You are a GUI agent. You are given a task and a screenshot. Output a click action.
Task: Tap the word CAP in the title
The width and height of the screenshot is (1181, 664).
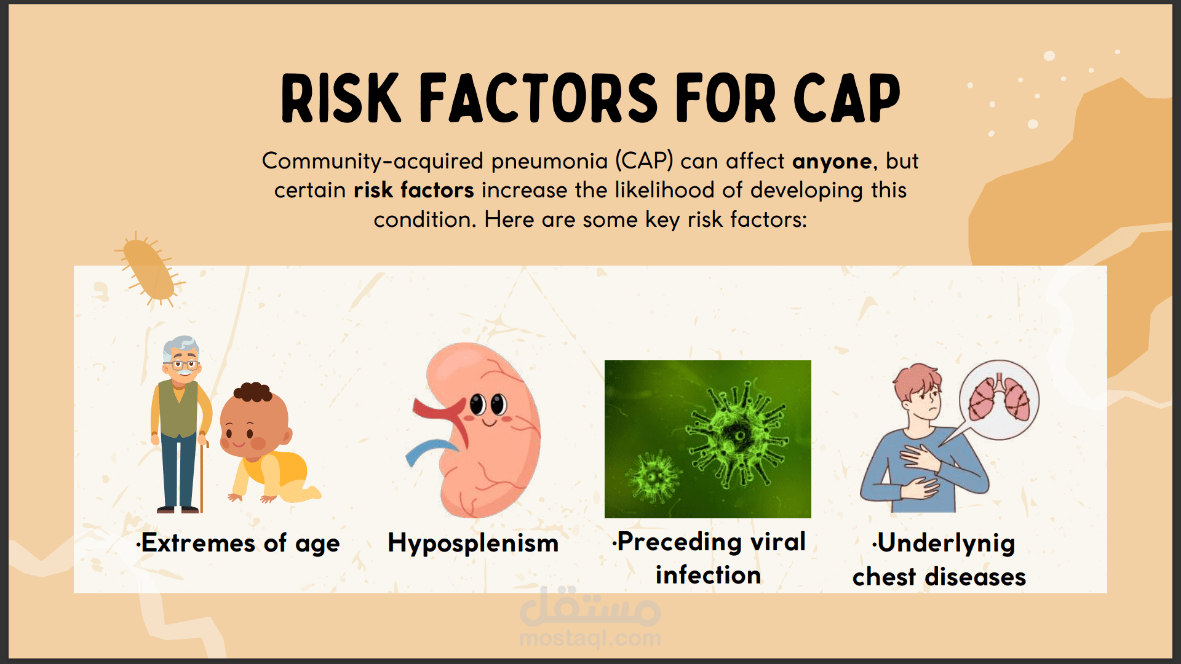click(847, 98)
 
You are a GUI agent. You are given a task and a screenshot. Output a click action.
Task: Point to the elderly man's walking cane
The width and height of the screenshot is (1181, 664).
click(202, 473)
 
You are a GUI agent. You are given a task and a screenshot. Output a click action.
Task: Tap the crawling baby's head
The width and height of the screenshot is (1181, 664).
click(253, 421)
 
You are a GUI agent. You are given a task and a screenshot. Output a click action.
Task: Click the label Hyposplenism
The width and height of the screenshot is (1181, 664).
click(473, 543)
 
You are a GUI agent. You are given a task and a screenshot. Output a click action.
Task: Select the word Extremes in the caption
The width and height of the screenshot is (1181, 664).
click(198, 543)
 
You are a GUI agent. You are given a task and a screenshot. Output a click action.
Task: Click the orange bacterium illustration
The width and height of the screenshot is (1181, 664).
click(149, 269)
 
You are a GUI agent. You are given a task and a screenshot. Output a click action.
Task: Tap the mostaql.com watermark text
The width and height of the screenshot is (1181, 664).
click(590, 638)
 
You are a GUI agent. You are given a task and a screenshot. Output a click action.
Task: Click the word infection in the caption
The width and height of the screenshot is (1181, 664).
click(709, 575)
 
